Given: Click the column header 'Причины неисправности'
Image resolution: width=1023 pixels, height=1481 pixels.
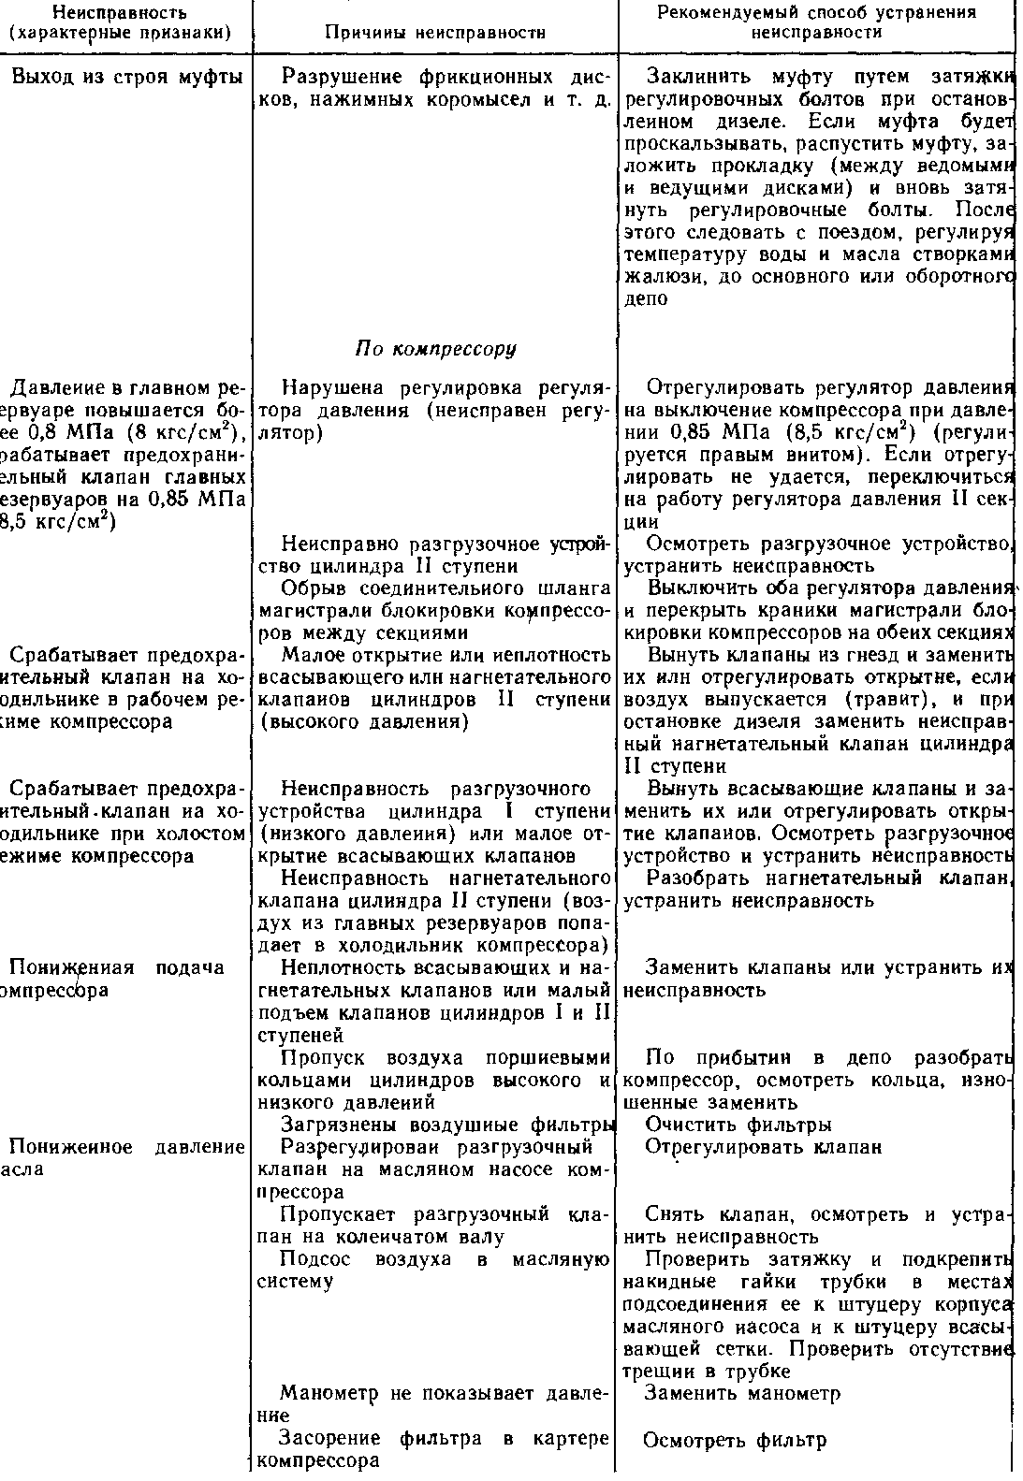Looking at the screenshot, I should [434, 31].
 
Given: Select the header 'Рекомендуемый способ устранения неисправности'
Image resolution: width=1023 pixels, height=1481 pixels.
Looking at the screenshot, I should [815, 22].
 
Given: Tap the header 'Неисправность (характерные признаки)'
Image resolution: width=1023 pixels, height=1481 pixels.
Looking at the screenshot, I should [119, 22].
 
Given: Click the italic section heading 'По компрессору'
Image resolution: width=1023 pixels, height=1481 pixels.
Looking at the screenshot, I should [435, 349].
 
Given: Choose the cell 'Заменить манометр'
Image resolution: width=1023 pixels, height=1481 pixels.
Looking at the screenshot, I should [743, 1393].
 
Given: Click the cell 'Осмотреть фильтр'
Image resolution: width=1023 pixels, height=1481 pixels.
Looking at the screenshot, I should [736, 1440].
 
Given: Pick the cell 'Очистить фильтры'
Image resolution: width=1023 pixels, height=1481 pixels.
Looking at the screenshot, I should [738, 1124].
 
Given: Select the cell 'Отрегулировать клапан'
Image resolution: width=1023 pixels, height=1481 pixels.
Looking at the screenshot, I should [764, 1147].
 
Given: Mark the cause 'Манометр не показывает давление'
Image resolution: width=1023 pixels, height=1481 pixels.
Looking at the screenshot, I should [432, 1404].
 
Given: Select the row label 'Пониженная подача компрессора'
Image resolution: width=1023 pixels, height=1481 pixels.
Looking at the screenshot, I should [117, 979].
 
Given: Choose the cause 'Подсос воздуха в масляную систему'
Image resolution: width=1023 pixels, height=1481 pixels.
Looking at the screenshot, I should [432, 1270].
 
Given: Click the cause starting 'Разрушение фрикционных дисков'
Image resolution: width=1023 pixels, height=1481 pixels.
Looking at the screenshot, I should [432, 88].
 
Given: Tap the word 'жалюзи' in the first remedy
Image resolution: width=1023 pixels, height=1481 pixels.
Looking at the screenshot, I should [655, 277].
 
